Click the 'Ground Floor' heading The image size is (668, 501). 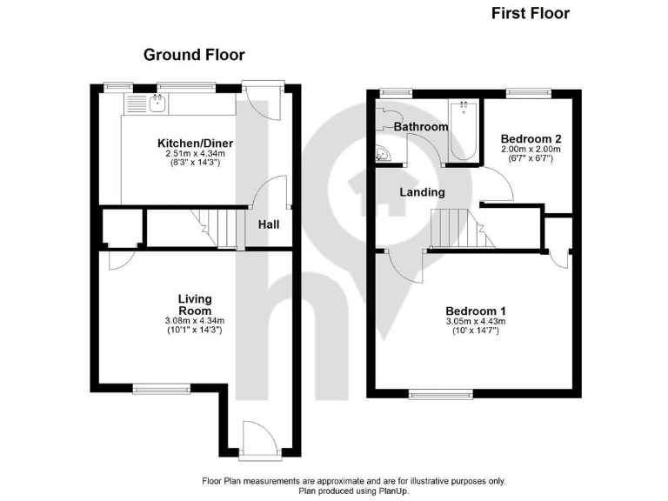(x=194, y=55)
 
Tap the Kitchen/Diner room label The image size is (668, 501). (x=195, y=144)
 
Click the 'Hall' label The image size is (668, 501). (x=269, y=224)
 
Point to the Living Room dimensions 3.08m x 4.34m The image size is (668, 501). (x=195, y=321)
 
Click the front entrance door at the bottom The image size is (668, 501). (x=259, y=438)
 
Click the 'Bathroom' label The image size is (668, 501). (x=421, y=127)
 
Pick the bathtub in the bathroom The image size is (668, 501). (x=463, y=130)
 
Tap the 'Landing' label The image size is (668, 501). (x=423, y=191)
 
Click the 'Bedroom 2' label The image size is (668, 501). (x=531, y=138)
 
